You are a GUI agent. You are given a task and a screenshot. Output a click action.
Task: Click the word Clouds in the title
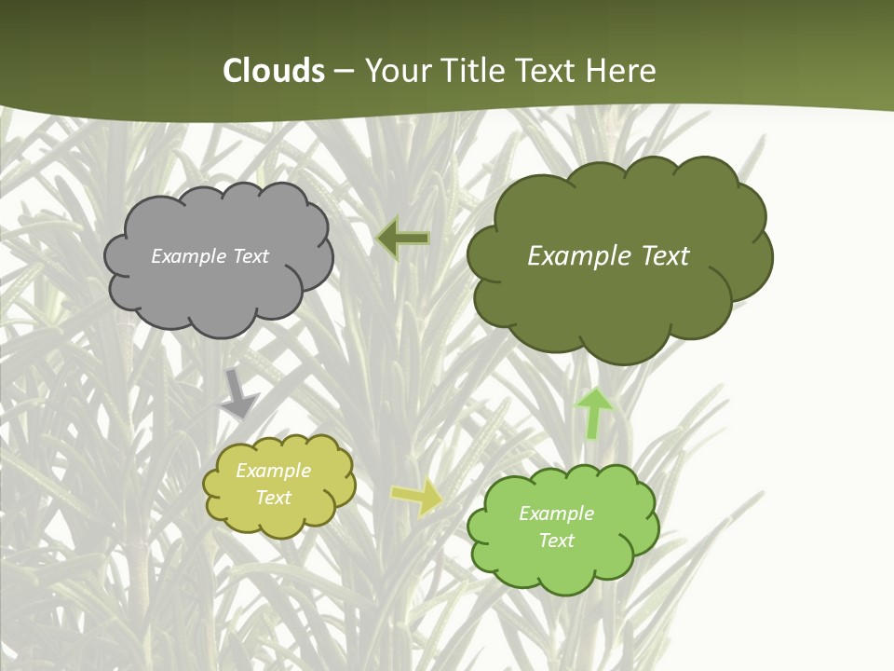tap(274, 71)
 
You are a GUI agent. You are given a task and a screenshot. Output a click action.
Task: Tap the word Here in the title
tap(621, 71)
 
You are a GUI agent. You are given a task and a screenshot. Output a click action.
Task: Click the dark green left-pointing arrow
tap(403, 239)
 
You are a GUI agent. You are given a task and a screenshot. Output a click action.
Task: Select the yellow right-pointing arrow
tap(417, 498)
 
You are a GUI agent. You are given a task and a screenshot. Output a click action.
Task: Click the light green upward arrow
tap(593, 413)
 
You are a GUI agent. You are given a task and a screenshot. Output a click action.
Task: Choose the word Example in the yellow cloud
tap(273, 471)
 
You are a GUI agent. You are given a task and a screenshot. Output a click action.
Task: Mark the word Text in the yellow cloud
tap(273, 498)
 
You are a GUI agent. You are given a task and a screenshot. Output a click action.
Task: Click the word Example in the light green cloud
tap(556, 514)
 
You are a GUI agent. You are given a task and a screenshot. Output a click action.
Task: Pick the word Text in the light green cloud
tap(556, 541)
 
